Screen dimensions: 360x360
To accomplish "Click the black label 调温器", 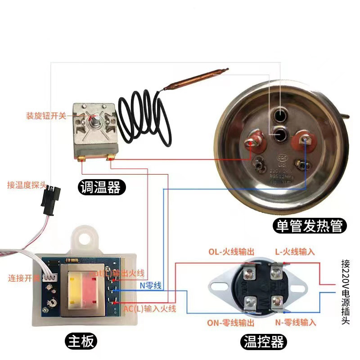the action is tap(100, 186).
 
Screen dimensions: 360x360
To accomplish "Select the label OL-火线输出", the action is tap(231, 251).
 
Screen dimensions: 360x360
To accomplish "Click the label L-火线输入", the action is tap(295, 251).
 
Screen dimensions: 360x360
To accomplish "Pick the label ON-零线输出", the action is tap(231, 323).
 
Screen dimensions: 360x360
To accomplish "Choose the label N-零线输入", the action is tap(295, 323).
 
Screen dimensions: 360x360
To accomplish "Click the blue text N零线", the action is tap(151, 285).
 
